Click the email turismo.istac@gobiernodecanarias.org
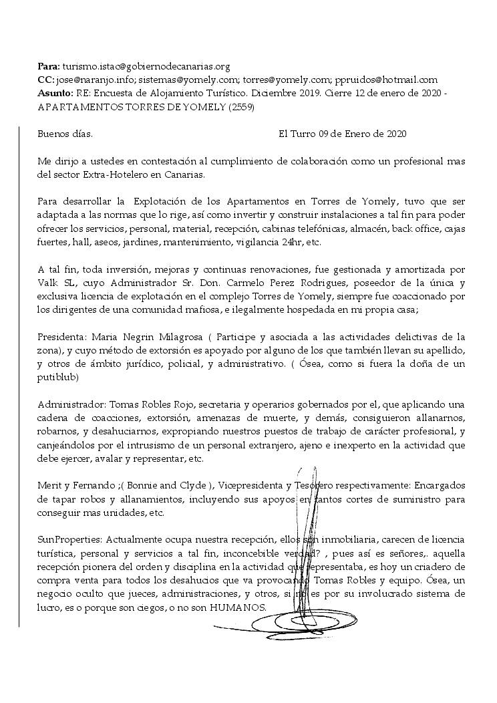(146, 67)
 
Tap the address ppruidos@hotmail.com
(385, 80)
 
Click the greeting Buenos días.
(65, 134)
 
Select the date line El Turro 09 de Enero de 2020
(342, 134)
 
